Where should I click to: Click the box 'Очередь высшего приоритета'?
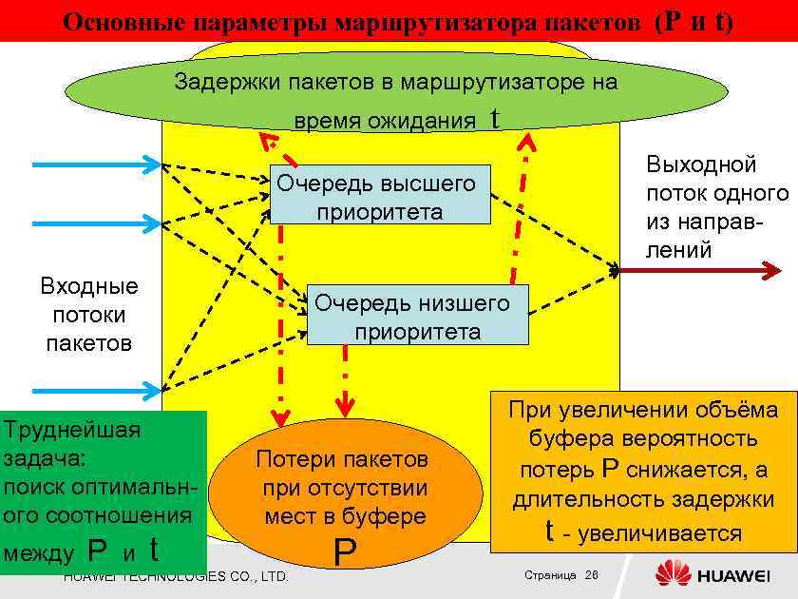click(x=380, y=195)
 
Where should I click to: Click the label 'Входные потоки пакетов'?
click(x=89, y=314)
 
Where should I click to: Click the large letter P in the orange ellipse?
click(x=345, y=551)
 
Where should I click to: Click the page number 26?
click(x=592, y=576)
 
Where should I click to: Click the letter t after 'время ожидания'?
click(x=493, y=118)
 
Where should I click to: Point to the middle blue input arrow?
click(x=95, y=224)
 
